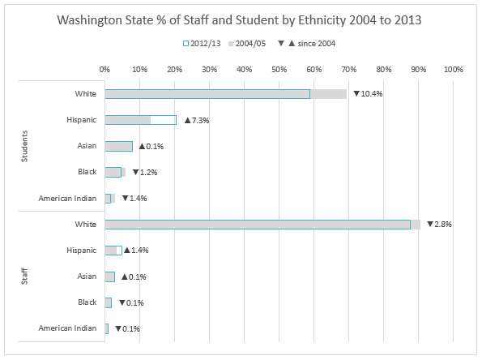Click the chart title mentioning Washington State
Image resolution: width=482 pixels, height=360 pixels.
tap(239, 20)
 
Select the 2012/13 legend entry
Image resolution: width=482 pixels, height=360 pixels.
tap(202, 44)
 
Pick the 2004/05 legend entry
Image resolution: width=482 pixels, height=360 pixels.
tap(247, 44)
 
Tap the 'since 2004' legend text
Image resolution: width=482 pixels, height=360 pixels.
tap(316, 44)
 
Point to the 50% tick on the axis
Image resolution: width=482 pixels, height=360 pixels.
tap(279, 69)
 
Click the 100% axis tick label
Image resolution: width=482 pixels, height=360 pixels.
tap(453, 69)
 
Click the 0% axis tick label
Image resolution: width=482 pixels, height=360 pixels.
tap(105, 69)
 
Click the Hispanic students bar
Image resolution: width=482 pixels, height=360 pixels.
tap(140, 120)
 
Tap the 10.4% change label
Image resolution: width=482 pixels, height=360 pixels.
tap(368, 93)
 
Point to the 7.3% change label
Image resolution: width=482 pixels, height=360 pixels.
tap(197, 120)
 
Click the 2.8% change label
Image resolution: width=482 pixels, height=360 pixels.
tap(439, 225)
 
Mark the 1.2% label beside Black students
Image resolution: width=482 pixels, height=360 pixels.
tap(145, 173)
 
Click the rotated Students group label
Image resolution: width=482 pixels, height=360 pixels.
tap(24, 146)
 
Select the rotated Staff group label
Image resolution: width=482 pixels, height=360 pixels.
tap(24, 276)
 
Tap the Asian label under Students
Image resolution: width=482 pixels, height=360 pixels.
tap(87, 146)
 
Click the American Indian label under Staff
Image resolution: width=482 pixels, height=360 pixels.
tap(67, 328)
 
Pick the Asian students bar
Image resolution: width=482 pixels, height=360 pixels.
tap(118, 146)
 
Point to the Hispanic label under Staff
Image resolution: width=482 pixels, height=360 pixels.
tap(82, 251)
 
